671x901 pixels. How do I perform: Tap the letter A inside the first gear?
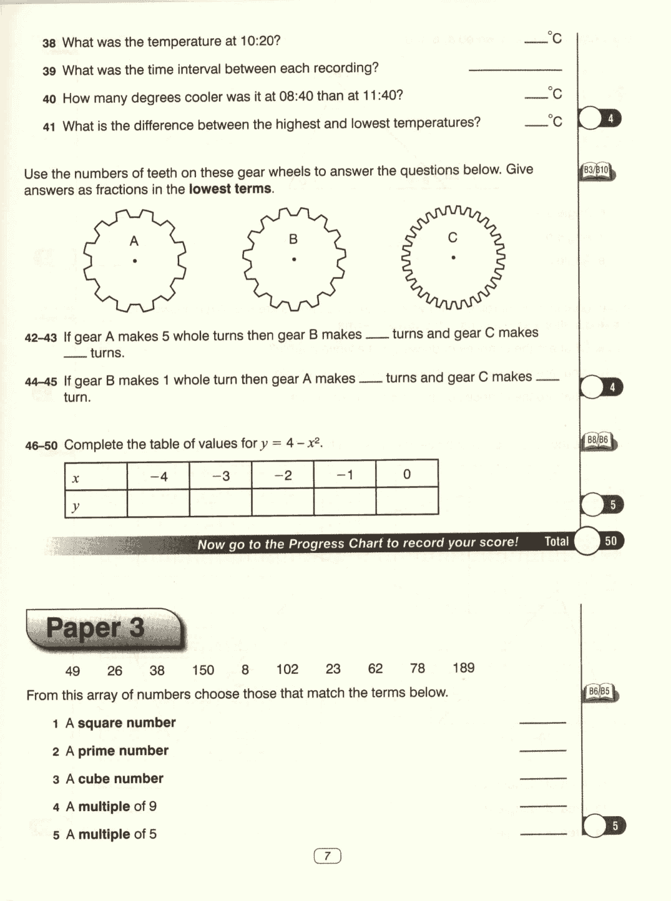[x=134, y=241]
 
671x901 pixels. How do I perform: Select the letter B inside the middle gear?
[x=293, y=239]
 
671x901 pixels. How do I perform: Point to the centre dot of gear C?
[x=453, y=257]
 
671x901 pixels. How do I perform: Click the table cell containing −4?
[x=159, y=476]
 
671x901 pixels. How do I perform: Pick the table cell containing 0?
[x=407, y=474]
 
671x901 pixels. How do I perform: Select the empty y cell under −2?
[x=283, y=502]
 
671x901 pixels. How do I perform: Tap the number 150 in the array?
[x=203, y=670]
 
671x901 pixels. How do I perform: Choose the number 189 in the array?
[x=463, y=668]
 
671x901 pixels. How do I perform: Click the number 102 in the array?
[x=287, y=670]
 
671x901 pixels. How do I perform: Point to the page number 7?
[x=327, y=856]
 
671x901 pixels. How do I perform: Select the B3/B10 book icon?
[x=597, y=170]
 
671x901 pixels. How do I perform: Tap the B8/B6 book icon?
[x=598, y=441]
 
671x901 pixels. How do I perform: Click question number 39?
[x=49, y=71]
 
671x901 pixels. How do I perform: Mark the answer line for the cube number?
[x=542, y=778]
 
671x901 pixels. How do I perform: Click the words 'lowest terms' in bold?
[x=230, y=189]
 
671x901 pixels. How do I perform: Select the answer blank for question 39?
[x=515, y=69]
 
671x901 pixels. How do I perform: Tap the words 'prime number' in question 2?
[x=123, y=751]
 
